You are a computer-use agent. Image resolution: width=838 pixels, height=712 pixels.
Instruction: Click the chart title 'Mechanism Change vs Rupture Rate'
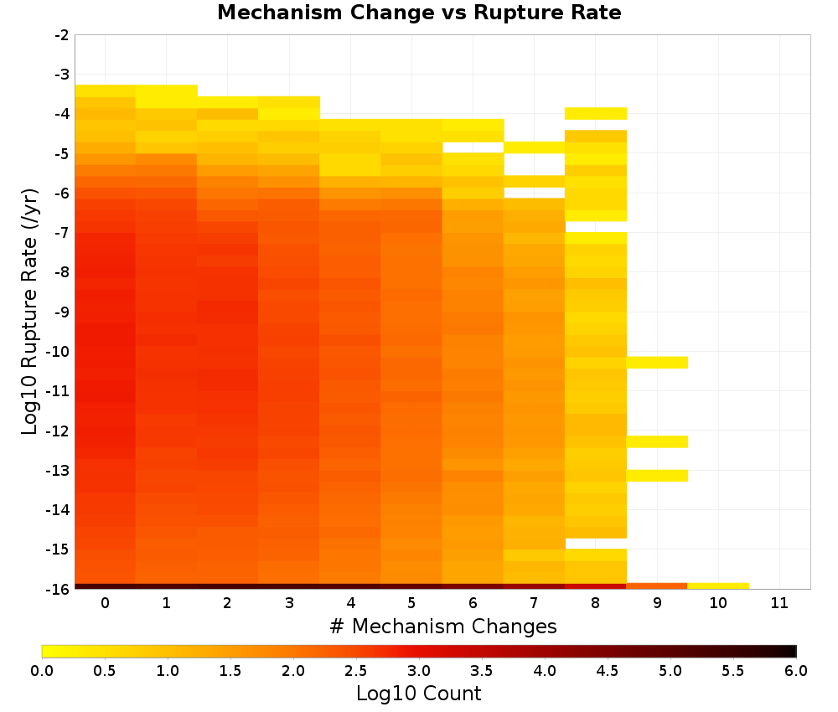click(419, 13)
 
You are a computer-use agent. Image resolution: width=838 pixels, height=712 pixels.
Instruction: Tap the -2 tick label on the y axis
click(62, 35)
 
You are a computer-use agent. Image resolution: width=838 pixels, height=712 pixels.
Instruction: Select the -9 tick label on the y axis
click(62, 312)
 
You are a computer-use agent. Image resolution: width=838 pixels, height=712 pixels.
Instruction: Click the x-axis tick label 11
click(779, 603)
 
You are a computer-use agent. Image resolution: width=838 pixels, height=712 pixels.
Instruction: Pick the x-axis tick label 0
click(106, 603)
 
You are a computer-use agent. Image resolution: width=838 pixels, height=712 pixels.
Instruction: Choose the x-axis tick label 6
click(473, 603)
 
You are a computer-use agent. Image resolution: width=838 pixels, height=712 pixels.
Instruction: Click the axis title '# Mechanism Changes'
click(443, 626)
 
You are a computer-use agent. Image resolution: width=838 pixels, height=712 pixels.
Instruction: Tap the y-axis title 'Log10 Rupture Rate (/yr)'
click(30, 312)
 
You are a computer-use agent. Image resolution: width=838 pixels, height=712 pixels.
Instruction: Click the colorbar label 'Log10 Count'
click(419, 694)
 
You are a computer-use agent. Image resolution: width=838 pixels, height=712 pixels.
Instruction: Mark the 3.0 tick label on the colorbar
click(419, 671)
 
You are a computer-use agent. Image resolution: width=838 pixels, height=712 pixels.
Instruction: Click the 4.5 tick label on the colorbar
click(607, 671)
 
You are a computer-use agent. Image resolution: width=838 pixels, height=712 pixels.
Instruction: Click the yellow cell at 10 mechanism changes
click(718, 586)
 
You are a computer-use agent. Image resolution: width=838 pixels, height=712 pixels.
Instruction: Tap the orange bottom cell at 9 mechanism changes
click(657, 586)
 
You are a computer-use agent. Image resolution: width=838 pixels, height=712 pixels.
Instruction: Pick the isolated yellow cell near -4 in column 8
click(596, 113)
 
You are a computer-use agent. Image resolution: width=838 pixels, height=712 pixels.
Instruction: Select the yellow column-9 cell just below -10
click(657, 363)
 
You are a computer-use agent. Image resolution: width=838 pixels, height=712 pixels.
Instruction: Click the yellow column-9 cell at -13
click(657, 476)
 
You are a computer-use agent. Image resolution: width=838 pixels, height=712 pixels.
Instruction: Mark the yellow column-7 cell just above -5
click(535, 147)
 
